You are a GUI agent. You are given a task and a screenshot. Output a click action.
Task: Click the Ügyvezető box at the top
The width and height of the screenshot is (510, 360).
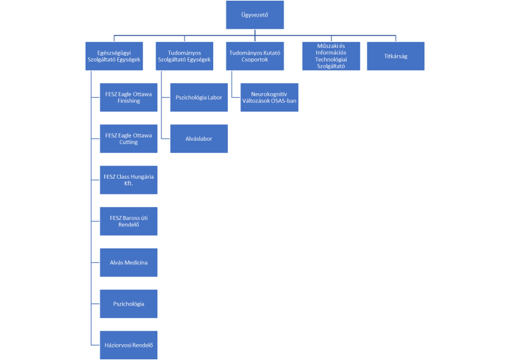(255, 15)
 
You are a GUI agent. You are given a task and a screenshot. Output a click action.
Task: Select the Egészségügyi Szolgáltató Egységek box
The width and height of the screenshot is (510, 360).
(114, 56)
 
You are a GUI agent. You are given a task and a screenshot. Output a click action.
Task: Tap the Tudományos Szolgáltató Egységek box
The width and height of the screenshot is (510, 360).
(185, 56)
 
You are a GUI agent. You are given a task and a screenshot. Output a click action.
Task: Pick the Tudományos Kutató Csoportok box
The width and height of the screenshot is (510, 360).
(255, 56)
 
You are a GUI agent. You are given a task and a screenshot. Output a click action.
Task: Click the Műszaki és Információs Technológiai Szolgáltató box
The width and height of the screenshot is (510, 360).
(331, 56)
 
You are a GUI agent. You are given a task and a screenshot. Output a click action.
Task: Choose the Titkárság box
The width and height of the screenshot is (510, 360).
(396, 56)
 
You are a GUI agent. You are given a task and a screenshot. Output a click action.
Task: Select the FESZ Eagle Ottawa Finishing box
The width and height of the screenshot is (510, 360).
(128, 97)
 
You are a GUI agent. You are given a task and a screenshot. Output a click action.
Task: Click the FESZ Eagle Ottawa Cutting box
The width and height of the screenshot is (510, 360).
(128, 139)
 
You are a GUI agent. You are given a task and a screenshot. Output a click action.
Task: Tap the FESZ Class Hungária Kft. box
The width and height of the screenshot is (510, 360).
(128, 180)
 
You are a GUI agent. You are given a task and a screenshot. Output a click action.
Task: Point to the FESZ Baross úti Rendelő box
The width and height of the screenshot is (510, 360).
(128, 221)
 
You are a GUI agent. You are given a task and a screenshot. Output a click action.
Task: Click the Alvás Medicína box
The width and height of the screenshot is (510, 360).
(128, 262)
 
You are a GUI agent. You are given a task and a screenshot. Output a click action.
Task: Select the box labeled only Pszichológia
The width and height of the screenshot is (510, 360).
(128, 304)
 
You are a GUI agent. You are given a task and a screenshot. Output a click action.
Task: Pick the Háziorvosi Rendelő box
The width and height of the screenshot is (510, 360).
(128, 345)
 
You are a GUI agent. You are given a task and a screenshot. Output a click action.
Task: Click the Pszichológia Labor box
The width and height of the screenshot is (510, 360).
(199, 97)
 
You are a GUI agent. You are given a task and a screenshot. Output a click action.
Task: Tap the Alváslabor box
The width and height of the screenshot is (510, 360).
(199, 139)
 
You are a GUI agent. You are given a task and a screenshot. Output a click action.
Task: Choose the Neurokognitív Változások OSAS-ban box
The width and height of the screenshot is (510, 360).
(270, 97)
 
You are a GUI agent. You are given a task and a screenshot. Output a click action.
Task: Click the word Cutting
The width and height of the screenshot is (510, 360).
(128, 142)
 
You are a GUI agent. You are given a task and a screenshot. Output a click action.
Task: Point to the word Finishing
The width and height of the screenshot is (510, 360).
(129, 101)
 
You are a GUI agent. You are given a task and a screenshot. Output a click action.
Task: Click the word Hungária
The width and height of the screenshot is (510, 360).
(143, 177)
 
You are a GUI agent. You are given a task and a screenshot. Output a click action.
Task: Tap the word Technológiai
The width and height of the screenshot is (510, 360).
(331, 60)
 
